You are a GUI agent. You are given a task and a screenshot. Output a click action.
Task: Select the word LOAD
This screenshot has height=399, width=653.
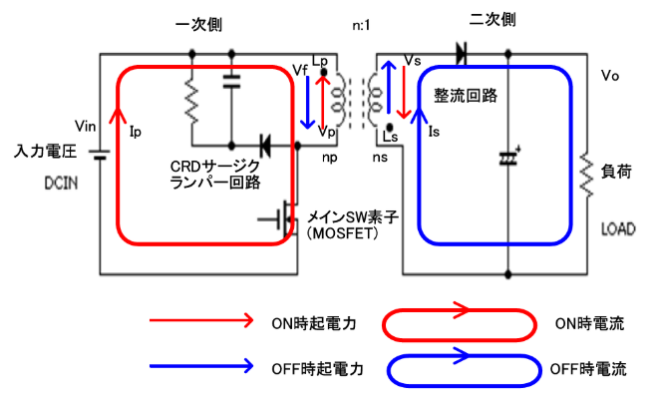(x=618, y=228)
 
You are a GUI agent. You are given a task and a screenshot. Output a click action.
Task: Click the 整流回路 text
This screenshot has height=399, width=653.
(x=465, y=96)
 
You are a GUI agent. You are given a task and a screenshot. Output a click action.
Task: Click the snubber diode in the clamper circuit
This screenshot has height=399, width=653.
(x=266, y=146)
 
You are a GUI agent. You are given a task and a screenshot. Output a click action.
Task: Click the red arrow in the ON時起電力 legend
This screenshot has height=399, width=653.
(x=199, y=321)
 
